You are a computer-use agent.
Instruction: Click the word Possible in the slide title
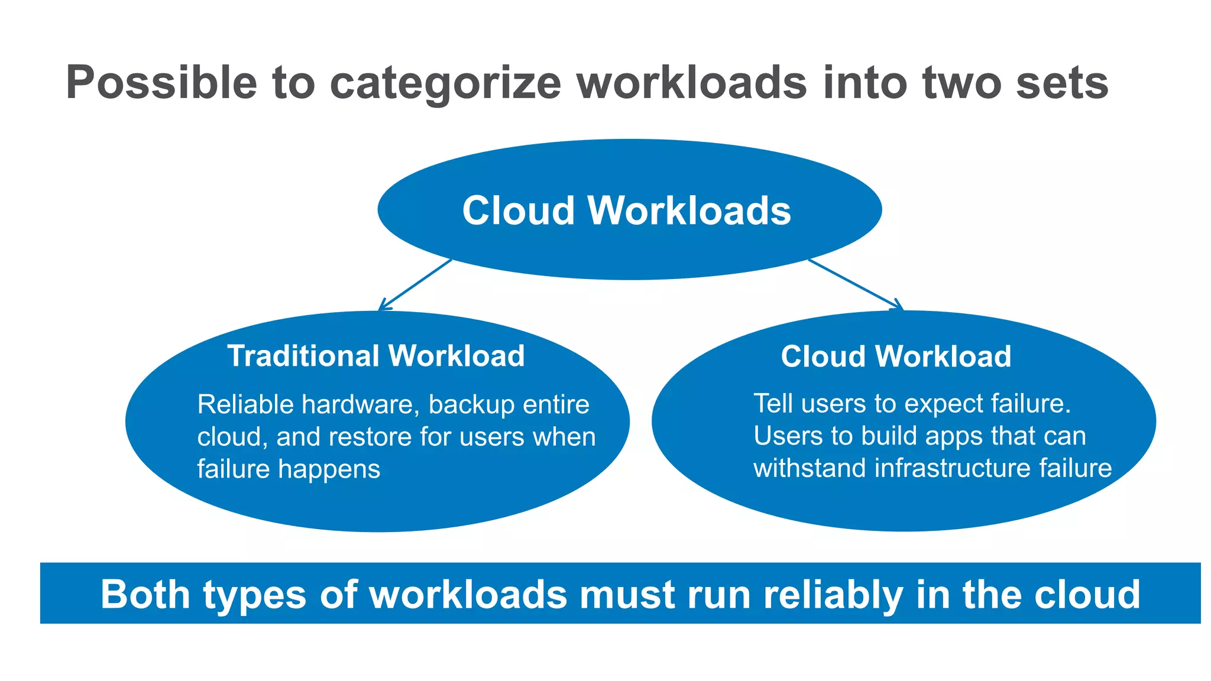161,83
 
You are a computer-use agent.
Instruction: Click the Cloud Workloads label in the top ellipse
626,210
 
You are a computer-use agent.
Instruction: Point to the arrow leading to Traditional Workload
415,284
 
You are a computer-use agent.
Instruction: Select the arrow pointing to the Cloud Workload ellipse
856,284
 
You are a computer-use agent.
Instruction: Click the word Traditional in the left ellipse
303,356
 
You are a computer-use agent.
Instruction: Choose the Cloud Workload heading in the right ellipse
895,356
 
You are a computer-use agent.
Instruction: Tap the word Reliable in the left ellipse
245,405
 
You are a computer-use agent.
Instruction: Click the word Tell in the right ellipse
773,404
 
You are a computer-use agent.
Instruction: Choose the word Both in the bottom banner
145,594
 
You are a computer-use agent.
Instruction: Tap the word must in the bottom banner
627,594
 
